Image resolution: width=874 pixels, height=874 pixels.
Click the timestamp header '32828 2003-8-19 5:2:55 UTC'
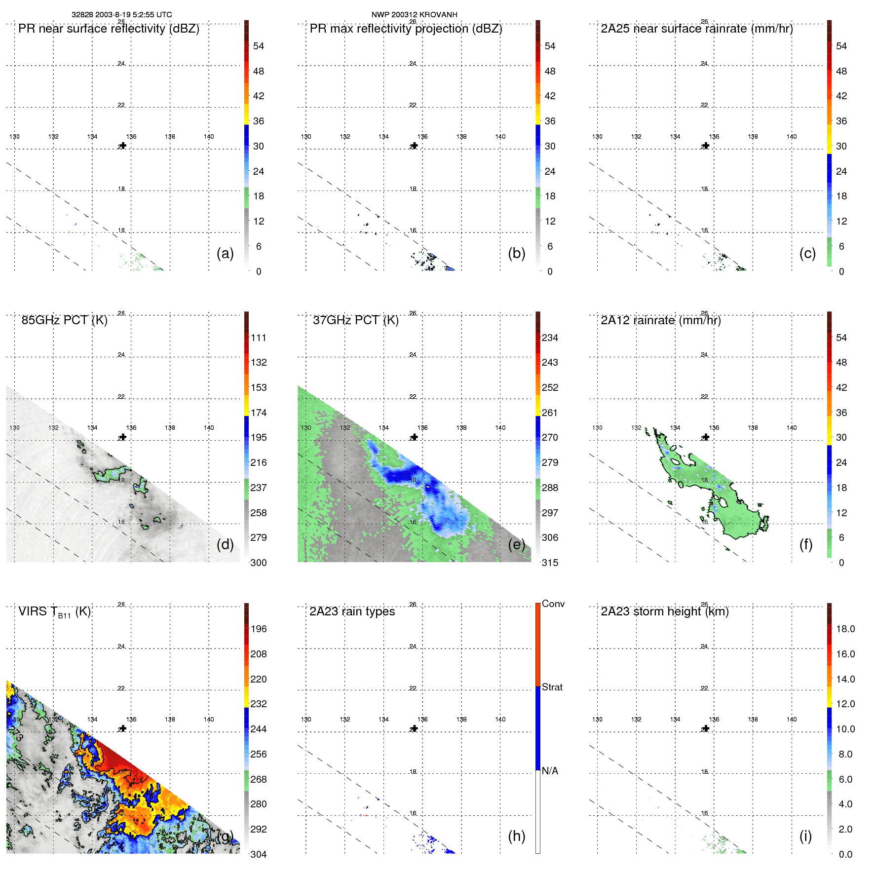coord(121,15)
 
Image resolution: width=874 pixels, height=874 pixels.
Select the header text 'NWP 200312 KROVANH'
coord(414,15)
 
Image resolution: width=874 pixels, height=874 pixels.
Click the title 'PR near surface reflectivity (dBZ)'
coord(109,29)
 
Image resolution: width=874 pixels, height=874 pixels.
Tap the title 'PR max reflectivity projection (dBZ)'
coord(406,29)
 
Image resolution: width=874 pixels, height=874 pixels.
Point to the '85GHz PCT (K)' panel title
coord(64,320)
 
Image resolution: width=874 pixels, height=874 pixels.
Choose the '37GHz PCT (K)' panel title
coord(355,320)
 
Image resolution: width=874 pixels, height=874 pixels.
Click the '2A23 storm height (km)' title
coord(664,611)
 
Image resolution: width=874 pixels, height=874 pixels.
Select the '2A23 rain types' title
coord(352,611)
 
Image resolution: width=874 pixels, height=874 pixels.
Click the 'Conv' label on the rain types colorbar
coord(553,604)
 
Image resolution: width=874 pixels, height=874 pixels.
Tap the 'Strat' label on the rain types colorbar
coord(552,687)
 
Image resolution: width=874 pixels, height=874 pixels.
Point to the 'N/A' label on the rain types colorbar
coord(550,771)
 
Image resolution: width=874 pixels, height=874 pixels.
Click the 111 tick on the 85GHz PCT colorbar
coord(258,338)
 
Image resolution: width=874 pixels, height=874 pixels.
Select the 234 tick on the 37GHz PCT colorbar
coord(550,338)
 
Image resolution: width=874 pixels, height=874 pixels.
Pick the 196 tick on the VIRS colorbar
coord(258,629)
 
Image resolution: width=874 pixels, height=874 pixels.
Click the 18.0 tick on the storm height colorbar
coord(845,629)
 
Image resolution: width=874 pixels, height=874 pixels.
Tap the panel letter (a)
coord(225,253)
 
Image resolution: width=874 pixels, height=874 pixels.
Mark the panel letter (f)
coord(805,544)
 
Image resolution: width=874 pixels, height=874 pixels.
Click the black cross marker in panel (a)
coord(123,146)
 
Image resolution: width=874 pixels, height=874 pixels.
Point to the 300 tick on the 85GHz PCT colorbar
coord(258,563)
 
